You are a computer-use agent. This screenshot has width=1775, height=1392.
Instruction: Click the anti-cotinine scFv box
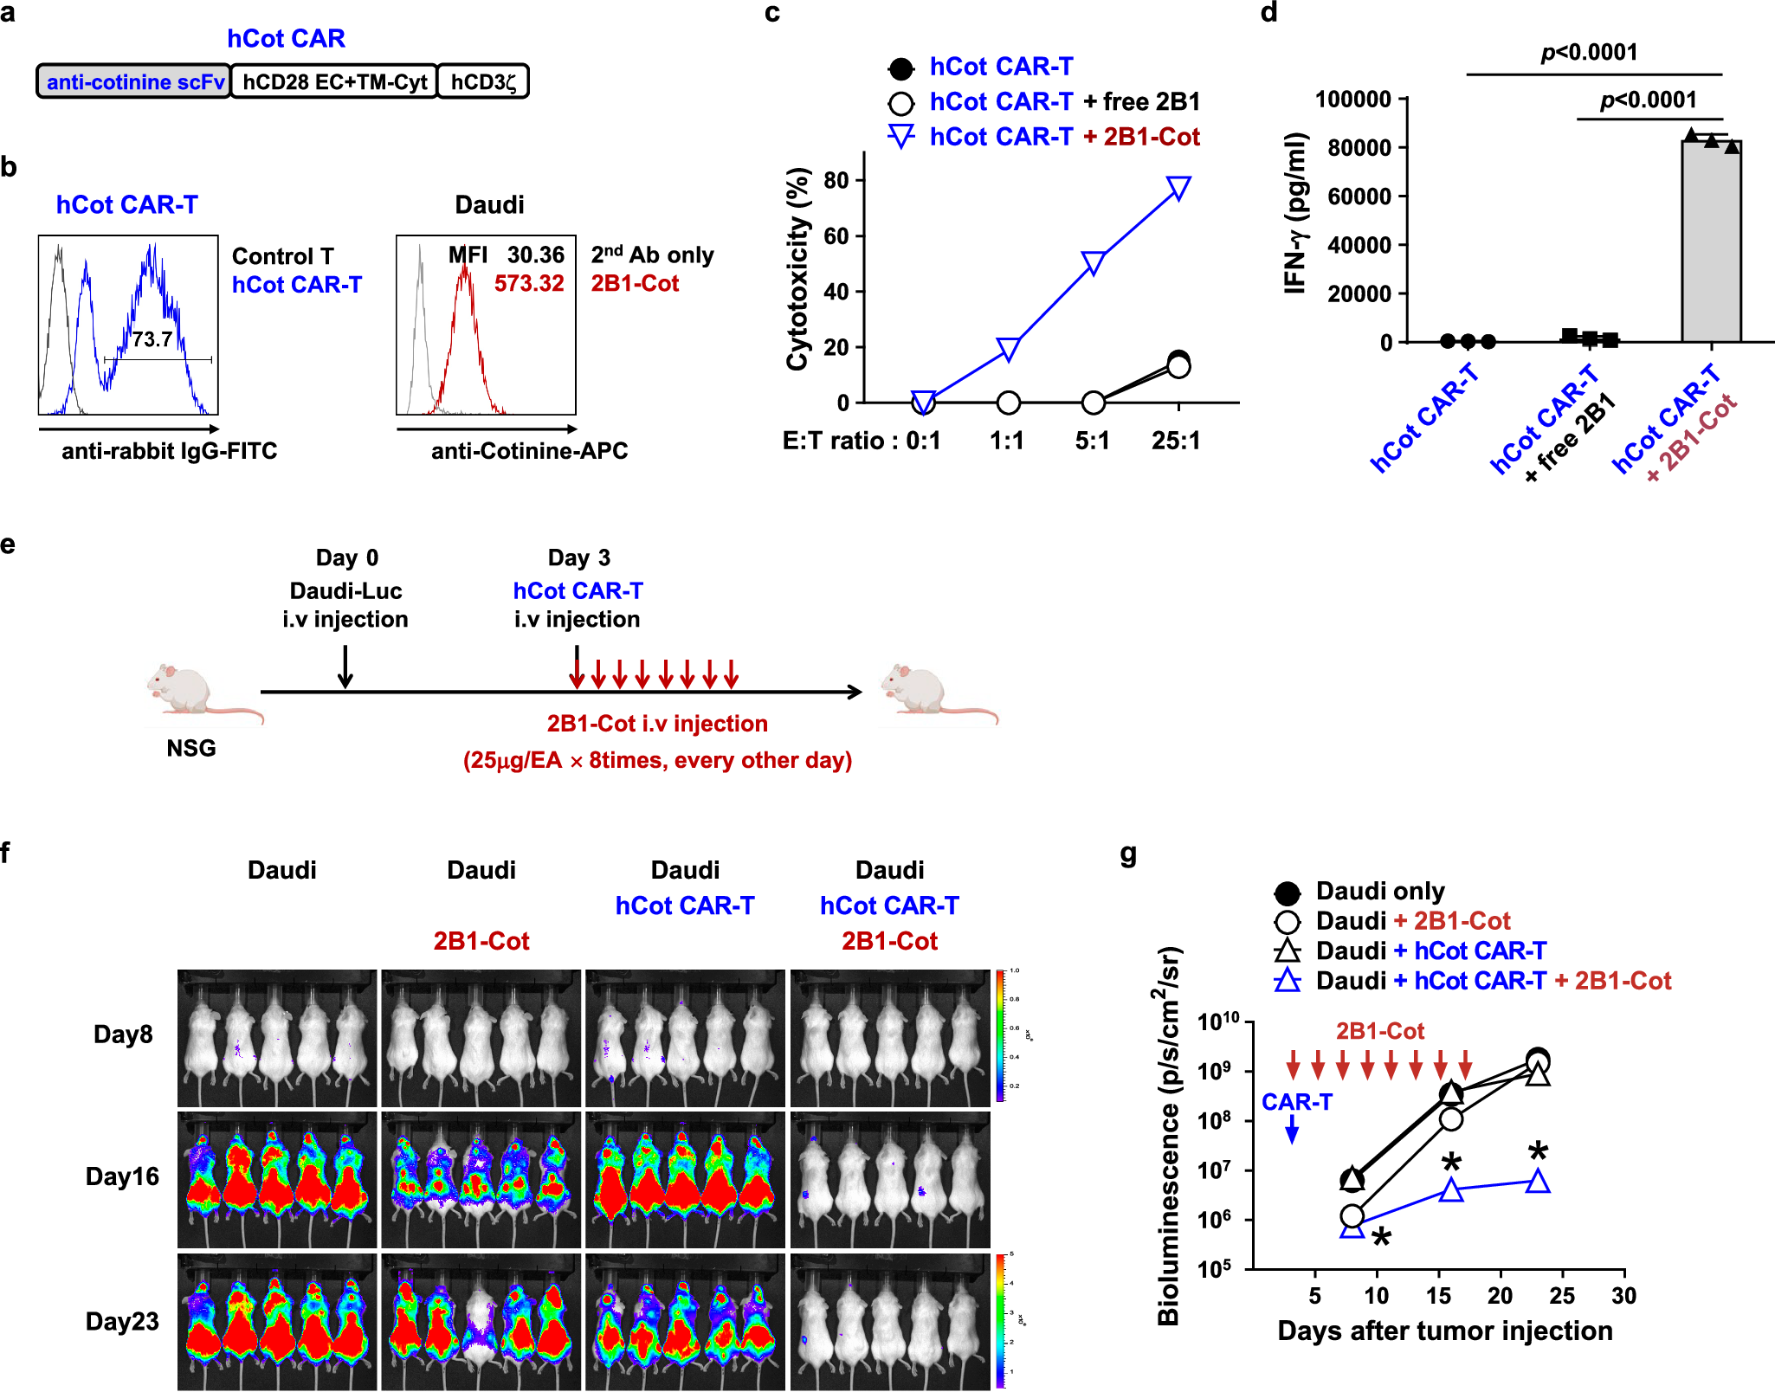(x=134, y=82)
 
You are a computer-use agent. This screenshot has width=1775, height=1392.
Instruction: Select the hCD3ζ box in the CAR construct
(x=483, y=82)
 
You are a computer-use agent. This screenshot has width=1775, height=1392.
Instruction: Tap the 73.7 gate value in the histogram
(x=152, y=339)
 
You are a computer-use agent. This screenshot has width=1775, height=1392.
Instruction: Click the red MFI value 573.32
(x=529, y=284)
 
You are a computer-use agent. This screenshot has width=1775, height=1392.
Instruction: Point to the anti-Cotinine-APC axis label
(x=529, y=451)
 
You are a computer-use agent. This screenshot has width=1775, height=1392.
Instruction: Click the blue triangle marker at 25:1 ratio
(x=1178, y=187)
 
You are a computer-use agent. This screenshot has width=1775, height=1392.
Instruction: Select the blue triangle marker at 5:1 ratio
(x=1094, y=262)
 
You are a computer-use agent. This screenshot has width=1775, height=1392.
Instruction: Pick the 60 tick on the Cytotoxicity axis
(x=836, y=236)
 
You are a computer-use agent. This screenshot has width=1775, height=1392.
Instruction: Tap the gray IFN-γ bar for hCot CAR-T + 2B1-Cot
(x=1711, y=242)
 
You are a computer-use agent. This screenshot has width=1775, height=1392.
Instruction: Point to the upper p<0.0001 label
(x=1589, y=53)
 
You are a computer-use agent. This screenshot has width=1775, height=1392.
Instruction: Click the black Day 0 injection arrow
(x=345, y=667)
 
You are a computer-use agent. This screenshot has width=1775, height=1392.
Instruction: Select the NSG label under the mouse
(x=191, y=748)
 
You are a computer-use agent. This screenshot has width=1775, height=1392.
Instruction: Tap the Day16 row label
(x=122, y=1176)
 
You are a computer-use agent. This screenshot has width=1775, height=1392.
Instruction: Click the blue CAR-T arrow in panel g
(x=1292, y=1129)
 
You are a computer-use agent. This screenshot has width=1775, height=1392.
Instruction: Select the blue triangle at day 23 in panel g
(x=1538, y=1181)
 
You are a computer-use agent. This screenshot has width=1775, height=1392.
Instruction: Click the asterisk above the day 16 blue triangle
(x=1452, y=1163)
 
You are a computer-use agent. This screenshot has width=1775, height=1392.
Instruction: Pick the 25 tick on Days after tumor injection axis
(x=1562, y=1296)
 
